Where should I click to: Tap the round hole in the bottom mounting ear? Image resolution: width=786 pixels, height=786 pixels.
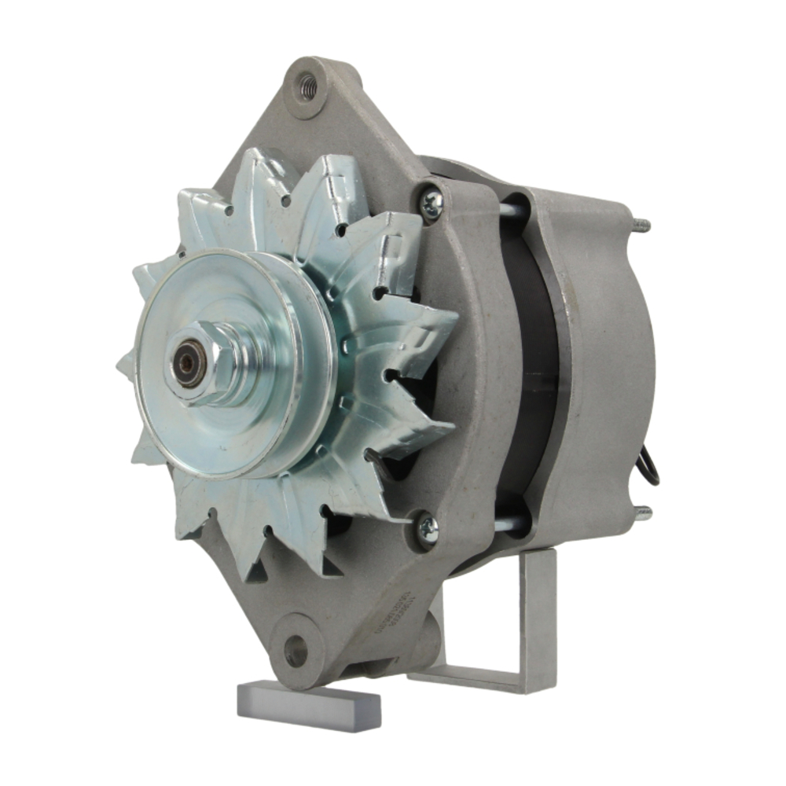[296, 651]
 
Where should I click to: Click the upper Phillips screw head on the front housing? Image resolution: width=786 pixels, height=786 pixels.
[432, 204]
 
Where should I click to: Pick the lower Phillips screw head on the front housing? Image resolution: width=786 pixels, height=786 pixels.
[427, 528]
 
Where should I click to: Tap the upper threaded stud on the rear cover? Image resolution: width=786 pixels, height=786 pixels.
[641, 225]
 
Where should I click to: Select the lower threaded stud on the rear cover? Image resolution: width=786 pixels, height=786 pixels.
[642, 514]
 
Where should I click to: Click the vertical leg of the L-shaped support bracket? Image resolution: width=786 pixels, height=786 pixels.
[538, 613]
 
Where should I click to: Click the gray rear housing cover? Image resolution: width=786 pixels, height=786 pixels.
[605, 354]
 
